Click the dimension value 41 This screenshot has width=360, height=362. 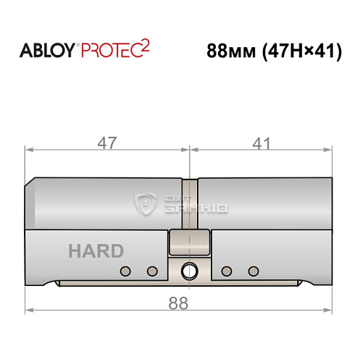click(257, 143)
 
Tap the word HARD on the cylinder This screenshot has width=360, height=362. click(96, 251)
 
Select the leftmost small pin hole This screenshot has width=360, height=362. click(125, 271)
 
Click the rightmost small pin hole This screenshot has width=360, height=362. click(253, 271)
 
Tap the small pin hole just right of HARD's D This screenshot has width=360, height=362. click(151, 271)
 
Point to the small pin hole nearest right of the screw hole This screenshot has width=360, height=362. click(226, 271)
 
